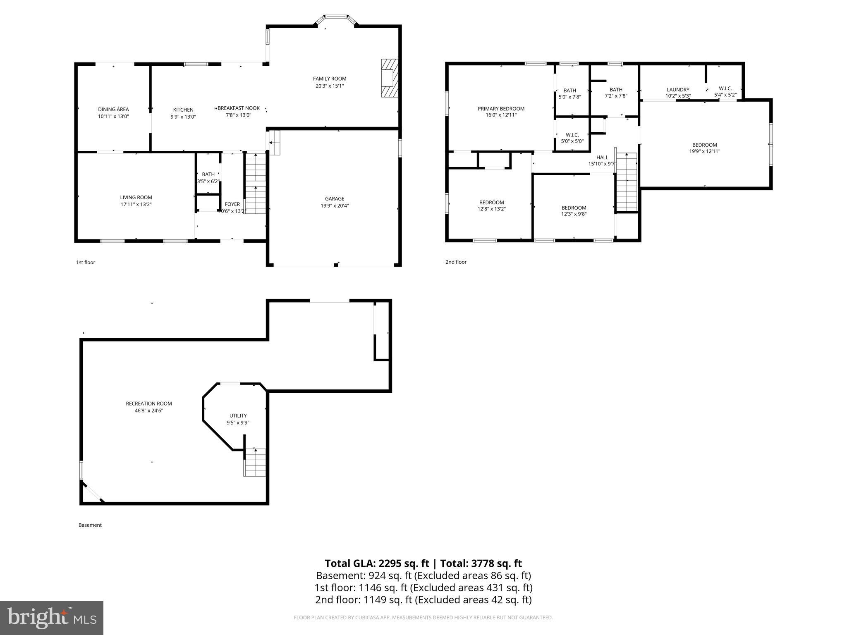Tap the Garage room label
click(x=334, y=199)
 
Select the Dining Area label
click(x=113, y=110)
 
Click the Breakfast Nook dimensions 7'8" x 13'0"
click(x=239, y=115)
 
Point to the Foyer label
click(x=232, y=204)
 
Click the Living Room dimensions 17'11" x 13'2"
click(x=136, y=205)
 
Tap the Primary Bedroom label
click(x=501, y=109)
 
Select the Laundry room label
click(x=678, y=90)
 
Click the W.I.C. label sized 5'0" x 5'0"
click(x=572, y=135)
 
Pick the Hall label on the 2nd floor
click(x=602, y=158)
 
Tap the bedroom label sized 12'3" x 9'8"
click(x=574, y=208)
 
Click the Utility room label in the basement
click(x=238, y=416)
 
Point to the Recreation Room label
click(x=149, y=404)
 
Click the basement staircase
click(x=255, y=462)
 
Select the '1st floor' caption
click(x=86, y=263)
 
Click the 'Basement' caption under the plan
click(x=90, y=525)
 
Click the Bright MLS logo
click(x=52, y=618)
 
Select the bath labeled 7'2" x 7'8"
click(x=615, y=90)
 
